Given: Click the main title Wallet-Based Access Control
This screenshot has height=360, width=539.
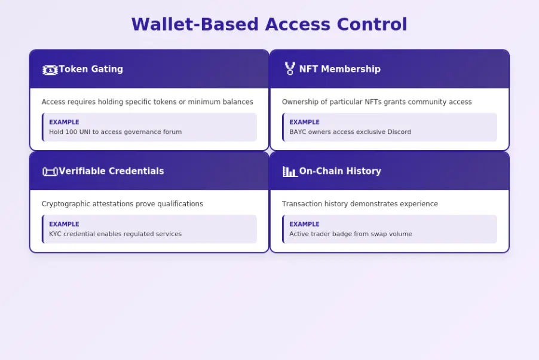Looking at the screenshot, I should tap(269, 25).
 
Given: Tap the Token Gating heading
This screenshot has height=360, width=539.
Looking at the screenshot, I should tap(91, 69).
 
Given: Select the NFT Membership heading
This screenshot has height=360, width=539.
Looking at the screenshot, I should tap(339, 69).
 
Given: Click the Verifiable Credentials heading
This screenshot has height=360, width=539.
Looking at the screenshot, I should tap(111, 172).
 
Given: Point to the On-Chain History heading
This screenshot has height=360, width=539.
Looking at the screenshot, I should tap(339, 172).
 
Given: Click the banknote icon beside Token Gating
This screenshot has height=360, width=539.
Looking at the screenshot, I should tap(50, 70).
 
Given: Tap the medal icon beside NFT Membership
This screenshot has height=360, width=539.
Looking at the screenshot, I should tap(290, 69).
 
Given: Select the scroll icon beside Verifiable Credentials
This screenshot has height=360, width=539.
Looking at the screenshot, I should tap(50, 172).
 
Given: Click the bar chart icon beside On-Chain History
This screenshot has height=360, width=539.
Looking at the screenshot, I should tap(290, 172).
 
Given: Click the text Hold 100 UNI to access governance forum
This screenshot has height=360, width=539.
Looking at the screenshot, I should tap(115, 132).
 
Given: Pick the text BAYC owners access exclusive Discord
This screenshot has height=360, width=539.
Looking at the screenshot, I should tap(350, 132).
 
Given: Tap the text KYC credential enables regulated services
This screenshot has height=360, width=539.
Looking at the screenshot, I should tap(115, 234).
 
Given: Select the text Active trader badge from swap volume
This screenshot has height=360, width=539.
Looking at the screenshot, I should tap(351, 234).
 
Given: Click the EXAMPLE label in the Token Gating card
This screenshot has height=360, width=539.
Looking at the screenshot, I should tap(64, 123).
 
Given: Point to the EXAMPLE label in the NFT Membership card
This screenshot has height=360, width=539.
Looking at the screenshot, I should tap(304, 123).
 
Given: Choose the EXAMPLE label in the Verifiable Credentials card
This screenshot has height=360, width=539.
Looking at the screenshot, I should tap(64, 225).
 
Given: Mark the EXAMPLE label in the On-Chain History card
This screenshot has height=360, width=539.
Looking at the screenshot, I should tap(304, 225).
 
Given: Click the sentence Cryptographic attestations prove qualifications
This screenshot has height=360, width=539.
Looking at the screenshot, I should tap(122, 205).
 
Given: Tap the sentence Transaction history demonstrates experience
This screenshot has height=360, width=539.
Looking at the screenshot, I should tap(360, 205).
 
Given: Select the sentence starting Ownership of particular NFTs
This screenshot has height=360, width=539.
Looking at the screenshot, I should tap(376, 102).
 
